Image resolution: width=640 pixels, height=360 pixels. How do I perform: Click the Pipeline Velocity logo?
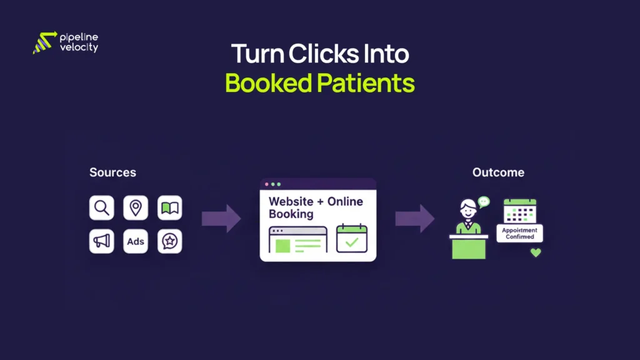pyautogui.click(x=65, y=42)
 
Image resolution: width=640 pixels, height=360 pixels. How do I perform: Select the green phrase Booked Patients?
pyautogui.click(x=319, y=83)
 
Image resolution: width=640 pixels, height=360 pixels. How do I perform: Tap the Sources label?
pyautogui.click(x=112, y=172)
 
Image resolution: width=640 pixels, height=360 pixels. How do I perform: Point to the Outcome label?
pyautogui.click(x=498, y=172)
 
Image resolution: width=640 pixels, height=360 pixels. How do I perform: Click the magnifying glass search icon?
pyautogui.click(x=102, y=207)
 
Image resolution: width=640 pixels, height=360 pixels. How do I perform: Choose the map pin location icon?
pyautogui.click(x=136, y=207)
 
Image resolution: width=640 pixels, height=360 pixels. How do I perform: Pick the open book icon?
pyautogui.click(x=169, y=207)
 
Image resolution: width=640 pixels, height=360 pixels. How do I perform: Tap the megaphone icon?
pyautogui.click(x=102, y=241)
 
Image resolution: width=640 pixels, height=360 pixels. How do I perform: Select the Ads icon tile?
pyautogui.click(x=136, y=241)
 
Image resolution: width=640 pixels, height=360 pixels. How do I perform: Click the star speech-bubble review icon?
pyautogui.click(x=169, y=241)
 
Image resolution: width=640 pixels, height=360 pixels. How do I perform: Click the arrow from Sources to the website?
pyautogui.click(x=221, y=218)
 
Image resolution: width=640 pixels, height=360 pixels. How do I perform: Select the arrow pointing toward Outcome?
pyautogui.click(x=414, y=218)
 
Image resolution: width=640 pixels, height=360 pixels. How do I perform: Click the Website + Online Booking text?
pyautogui.click(x=315, y=207)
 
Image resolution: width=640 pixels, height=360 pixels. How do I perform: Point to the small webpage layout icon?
pyautogui.click(x=297, y=239)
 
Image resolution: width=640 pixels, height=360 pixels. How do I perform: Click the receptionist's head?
pyautogui.click(x=468, y=207)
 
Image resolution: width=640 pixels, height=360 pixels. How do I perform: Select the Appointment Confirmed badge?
pyautogui.click(x=519, y=233)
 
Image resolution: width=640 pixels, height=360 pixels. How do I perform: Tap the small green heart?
pyautogui.click(x=535, y=252)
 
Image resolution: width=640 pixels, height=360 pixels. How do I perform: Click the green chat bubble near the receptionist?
pyautogui.click(x=484, y=201)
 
